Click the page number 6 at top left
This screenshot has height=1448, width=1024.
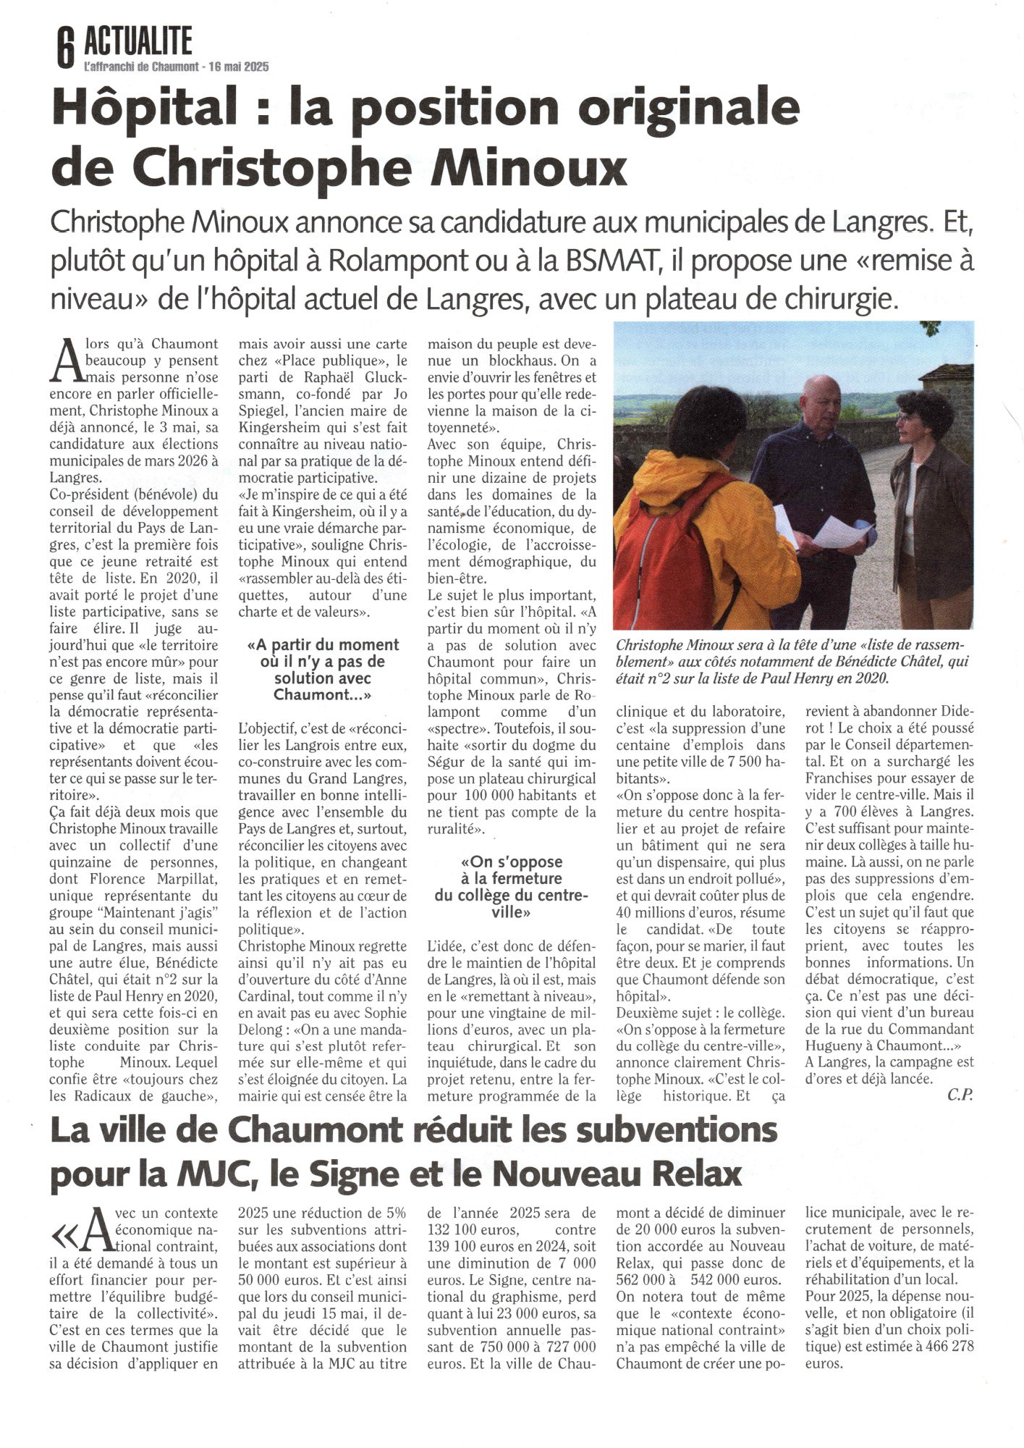tap(65, 49)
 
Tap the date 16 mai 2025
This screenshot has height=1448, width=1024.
tap(238, 67)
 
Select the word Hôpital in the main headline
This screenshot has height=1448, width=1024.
tap(145, 107)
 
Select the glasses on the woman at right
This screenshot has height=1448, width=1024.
tap(906, 418)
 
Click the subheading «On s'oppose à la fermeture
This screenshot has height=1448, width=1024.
tap(511, 862)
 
